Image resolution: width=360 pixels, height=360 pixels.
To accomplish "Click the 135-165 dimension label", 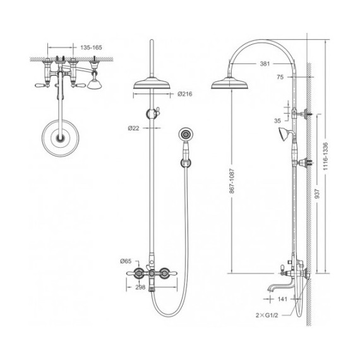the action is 91,47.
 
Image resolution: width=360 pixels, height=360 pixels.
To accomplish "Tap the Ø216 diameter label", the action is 185,94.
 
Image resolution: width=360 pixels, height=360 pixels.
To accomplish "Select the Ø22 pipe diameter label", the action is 134,128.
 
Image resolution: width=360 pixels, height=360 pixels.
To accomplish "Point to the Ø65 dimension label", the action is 126,261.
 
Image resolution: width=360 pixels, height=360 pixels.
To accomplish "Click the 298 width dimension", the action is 140,287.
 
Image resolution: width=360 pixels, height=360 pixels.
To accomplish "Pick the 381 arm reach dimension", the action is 265,64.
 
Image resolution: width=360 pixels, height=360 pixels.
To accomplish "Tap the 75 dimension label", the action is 280,77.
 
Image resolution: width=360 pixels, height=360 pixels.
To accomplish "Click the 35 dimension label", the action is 277,121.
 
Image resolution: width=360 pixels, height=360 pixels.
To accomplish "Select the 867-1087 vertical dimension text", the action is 232,181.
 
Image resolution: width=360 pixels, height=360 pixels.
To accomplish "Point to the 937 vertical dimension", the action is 317,193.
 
